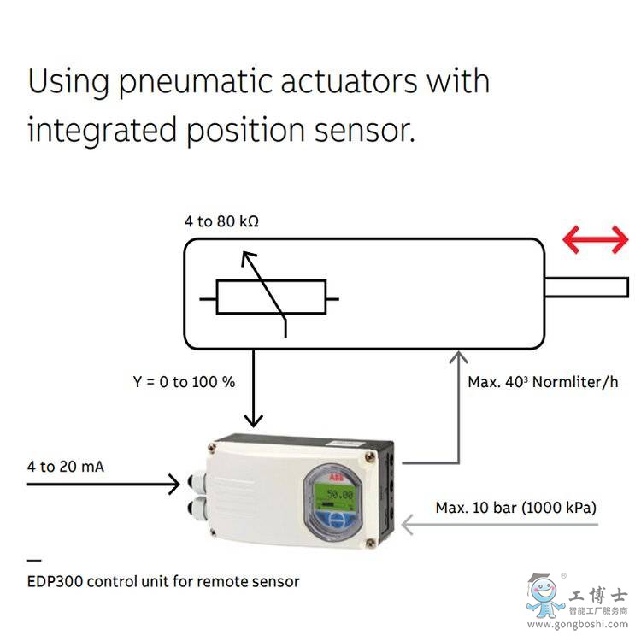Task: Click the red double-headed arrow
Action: click(596, 242)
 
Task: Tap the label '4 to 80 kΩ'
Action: click(221, 221)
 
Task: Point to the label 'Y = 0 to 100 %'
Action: click(184, 382)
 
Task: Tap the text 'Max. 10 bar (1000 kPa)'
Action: click(515, 508)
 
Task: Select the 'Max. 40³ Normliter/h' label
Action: click(542, 382)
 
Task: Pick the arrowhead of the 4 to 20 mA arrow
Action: click(173, 485)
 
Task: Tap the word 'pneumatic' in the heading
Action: click(221, 83)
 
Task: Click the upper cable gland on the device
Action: click(192, 484)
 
